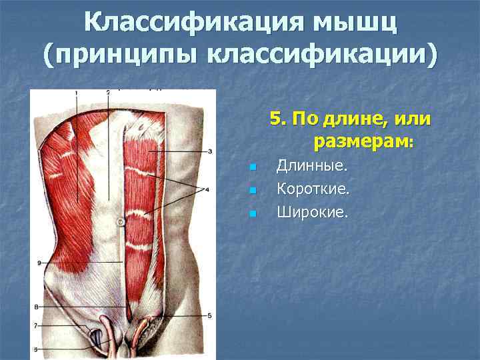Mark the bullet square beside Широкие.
click(x=251, y=215)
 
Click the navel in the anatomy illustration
click(x=120, y=221)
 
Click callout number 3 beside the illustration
click(x=210, y=151)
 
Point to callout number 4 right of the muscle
click(x=207, y=190)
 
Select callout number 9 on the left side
click(x=40, y=263)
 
